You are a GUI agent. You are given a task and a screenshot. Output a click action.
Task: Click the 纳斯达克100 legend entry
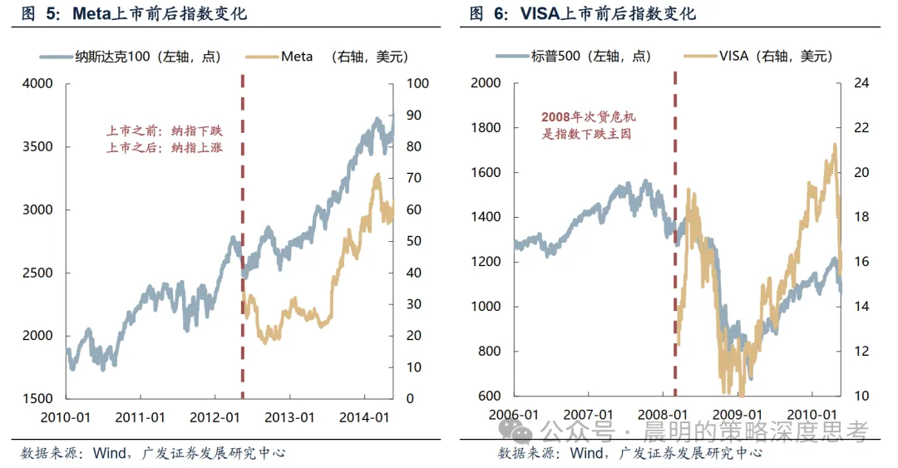coord(131,57)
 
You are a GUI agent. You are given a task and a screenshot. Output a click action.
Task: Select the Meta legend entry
coord(327,57)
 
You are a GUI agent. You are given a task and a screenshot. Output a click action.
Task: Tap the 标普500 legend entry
coord(573,57)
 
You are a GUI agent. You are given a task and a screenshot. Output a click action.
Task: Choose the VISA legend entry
coord(757,57)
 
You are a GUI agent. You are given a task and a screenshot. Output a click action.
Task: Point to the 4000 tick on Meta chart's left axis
coord(37,84)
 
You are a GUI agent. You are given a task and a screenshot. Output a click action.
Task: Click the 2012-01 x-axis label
coord(215,417)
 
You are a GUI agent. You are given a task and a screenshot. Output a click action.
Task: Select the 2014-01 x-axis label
coord(364,417)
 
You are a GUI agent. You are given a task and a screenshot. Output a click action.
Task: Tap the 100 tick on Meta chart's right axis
coord(417,84)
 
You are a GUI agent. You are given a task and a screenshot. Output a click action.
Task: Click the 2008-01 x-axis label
coord(663,414)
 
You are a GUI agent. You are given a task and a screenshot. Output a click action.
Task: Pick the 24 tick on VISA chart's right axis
coord(861,83)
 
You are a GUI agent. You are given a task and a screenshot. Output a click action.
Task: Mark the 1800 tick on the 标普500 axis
coord(486,128)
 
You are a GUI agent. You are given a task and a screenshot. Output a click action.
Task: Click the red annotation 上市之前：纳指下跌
coord(165,131)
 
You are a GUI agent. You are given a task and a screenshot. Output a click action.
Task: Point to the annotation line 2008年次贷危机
coord(589,117)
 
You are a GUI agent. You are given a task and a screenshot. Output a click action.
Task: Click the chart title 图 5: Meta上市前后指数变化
coord(134,13)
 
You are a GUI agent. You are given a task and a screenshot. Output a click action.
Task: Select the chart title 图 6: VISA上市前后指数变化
coord(582,13)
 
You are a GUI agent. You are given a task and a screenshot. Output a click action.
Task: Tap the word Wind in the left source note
coord(109,453)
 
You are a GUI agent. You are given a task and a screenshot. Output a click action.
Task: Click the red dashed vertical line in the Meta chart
coord(243,237)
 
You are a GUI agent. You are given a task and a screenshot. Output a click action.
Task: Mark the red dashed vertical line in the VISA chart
coord(675,234)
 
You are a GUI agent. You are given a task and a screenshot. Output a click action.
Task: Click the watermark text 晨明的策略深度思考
coord(756,431)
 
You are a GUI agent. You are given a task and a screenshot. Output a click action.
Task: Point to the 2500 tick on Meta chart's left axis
coord(37,273)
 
